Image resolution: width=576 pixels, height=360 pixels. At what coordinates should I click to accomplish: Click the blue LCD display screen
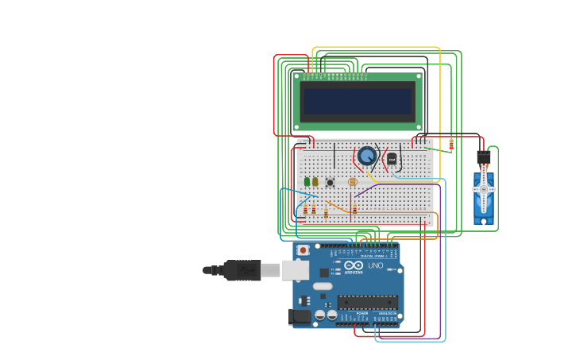click(x=358, y=101)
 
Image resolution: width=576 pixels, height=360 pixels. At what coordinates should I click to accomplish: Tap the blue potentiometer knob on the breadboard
click(x=367, y=155)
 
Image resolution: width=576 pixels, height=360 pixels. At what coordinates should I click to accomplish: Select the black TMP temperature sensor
click(x=392, y=159)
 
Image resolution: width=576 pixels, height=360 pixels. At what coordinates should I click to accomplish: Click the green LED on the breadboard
click(x=307, y=182)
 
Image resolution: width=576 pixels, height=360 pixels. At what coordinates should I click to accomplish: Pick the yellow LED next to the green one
click(x=315, y=182)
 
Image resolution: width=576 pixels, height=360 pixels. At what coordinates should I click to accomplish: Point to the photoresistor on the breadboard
click(x=353, y=182)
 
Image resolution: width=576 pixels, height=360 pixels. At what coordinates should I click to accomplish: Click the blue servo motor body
click(x=484, y=199)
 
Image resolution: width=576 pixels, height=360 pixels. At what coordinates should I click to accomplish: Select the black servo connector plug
click(x=483, y=157)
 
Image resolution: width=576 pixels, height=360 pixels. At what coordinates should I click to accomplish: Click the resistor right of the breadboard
click(x=451, y=145)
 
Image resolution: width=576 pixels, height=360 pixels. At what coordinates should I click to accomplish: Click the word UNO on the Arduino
click(x=375, y=265)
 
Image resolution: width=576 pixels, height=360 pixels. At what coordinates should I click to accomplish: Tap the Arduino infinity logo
click(x=354, y=265)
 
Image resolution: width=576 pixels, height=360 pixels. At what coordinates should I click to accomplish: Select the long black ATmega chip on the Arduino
click(x=367, y=302)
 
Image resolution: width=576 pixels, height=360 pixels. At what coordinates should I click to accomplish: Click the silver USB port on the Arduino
click(x=295, y=270)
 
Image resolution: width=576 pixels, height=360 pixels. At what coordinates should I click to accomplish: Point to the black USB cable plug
click(x=242, y=270)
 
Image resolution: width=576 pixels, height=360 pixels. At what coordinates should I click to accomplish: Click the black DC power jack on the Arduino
click(x=300, y=316)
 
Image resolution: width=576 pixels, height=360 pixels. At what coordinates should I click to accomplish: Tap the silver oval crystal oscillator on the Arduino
click(x=323, y=286)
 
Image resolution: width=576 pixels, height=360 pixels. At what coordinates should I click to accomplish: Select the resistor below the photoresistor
click(x=354, y=209)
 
